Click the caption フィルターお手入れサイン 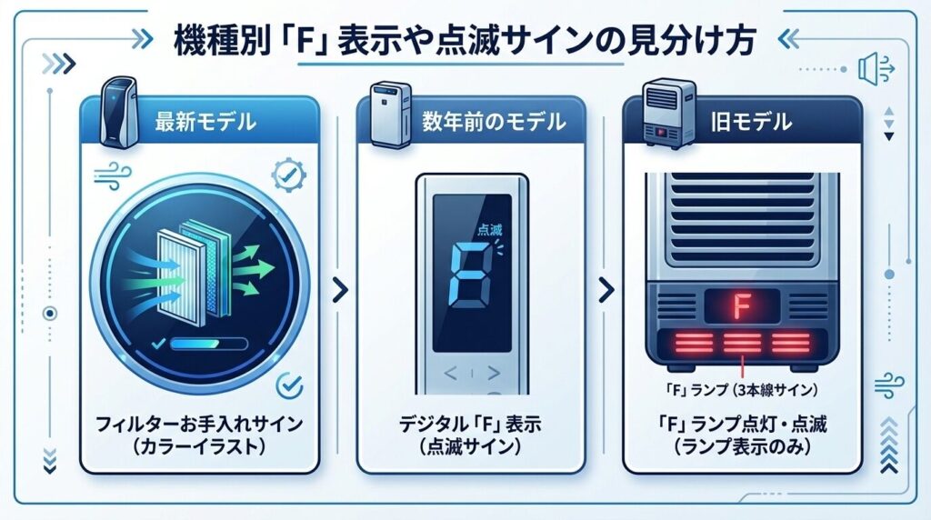click(x=199, y=423)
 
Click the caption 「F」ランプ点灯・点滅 click(x=742, y=423)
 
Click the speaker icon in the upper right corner click(x=869, y=68)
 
